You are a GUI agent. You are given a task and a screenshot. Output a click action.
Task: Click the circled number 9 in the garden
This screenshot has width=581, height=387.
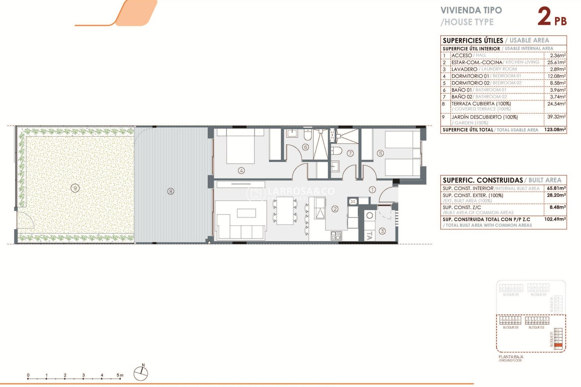point(75,188)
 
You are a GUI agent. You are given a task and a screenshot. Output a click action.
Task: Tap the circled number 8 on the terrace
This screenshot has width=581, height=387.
point(171,191)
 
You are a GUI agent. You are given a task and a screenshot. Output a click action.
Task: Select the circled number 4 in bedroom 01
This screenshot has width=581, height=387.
point(241,171)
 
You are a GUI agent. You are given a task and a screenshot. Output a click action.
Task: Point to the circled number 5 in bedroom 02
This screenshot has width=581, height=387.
point(380,154)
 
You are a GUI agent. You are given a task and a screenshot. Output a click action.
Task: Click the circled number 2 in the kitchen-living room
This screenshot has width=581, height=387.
point(335,209)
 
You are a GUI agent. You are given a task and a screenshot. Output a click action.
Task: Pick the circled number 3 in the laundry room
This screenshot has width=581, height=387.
point(382,231)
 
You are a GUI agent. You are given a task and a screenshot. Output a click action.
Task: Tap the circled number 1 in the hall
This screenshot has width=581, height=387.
point(372,190)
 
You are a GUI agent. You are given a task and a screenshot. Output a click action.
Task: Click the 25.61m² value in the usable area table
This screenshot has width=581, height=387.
point(556,62)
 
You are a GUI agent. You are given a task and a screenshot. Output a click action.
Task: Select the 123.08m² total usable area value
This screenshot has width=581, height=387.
point(555,130)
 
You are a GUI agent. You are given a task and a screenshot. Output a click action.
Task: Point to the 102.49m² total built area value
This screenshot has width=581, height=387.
point(555,219)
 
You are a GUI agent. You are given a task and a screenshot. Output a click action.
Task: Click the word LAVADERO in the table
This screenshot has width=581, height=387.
point(464,69)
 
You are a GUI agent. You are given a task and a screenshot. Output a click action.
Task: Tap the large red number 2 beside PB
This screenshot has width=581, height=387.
point(544,17)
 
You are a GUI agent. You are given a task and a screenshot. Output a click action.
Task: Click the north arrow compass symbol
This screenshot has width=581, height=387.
point(141,373)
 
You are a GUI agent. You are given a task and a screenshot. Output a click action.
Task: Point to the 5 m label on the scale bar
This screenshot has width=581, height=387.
point(120,375)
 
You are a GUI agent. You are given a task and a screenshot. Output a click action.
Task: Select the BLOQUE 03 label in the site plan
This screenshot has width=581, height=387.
point(510,327)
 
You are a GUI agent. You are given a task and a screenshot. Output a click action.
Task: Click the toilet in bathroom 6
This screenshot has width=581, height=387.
point(308,135)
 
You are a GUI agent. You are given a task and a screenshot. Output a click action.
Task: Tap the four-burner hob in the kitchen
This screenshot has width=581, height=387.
point(336,236)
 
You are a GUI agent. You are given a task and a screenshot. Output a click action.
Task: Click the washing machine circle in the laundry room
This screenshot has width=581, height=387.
point(369,216)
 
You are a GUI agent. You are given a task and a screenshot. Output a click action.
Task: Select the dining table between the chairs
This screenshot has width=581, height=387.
point(285,210)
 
